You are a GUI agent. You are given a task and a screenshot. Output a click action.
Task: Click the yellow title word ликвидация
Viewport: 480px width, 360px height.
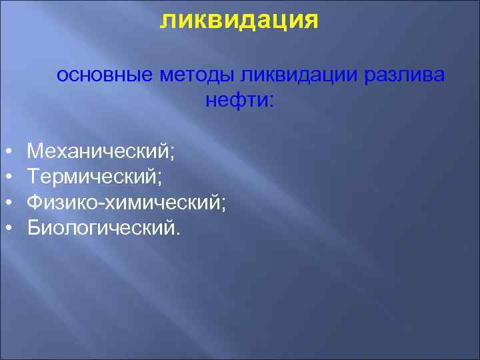(239, 19)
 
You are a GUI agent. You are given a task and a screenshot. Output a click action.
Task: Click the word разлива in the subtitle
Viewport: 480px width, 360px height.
(405, 75)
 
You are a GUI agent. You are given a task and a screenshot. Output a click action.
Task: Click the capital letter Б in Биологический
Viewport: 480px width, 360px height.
(33, 227)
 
